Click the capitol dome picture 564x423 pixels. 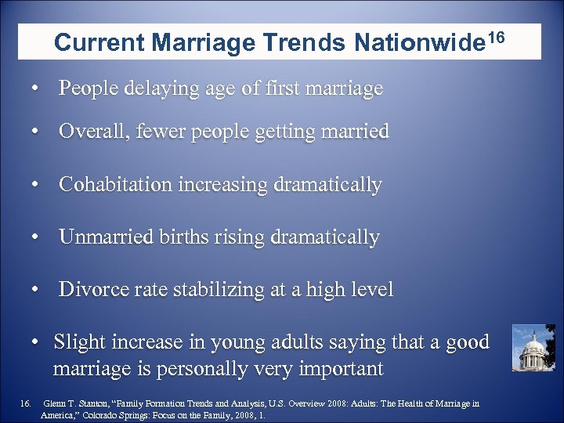[x=533, y=348]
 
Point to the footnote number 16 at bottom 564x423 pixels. [x=24, y=404]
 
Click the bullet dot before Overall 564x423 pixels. [x=36, y=132]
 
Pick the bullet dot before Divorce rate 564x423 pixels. [x=36, y=290]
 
